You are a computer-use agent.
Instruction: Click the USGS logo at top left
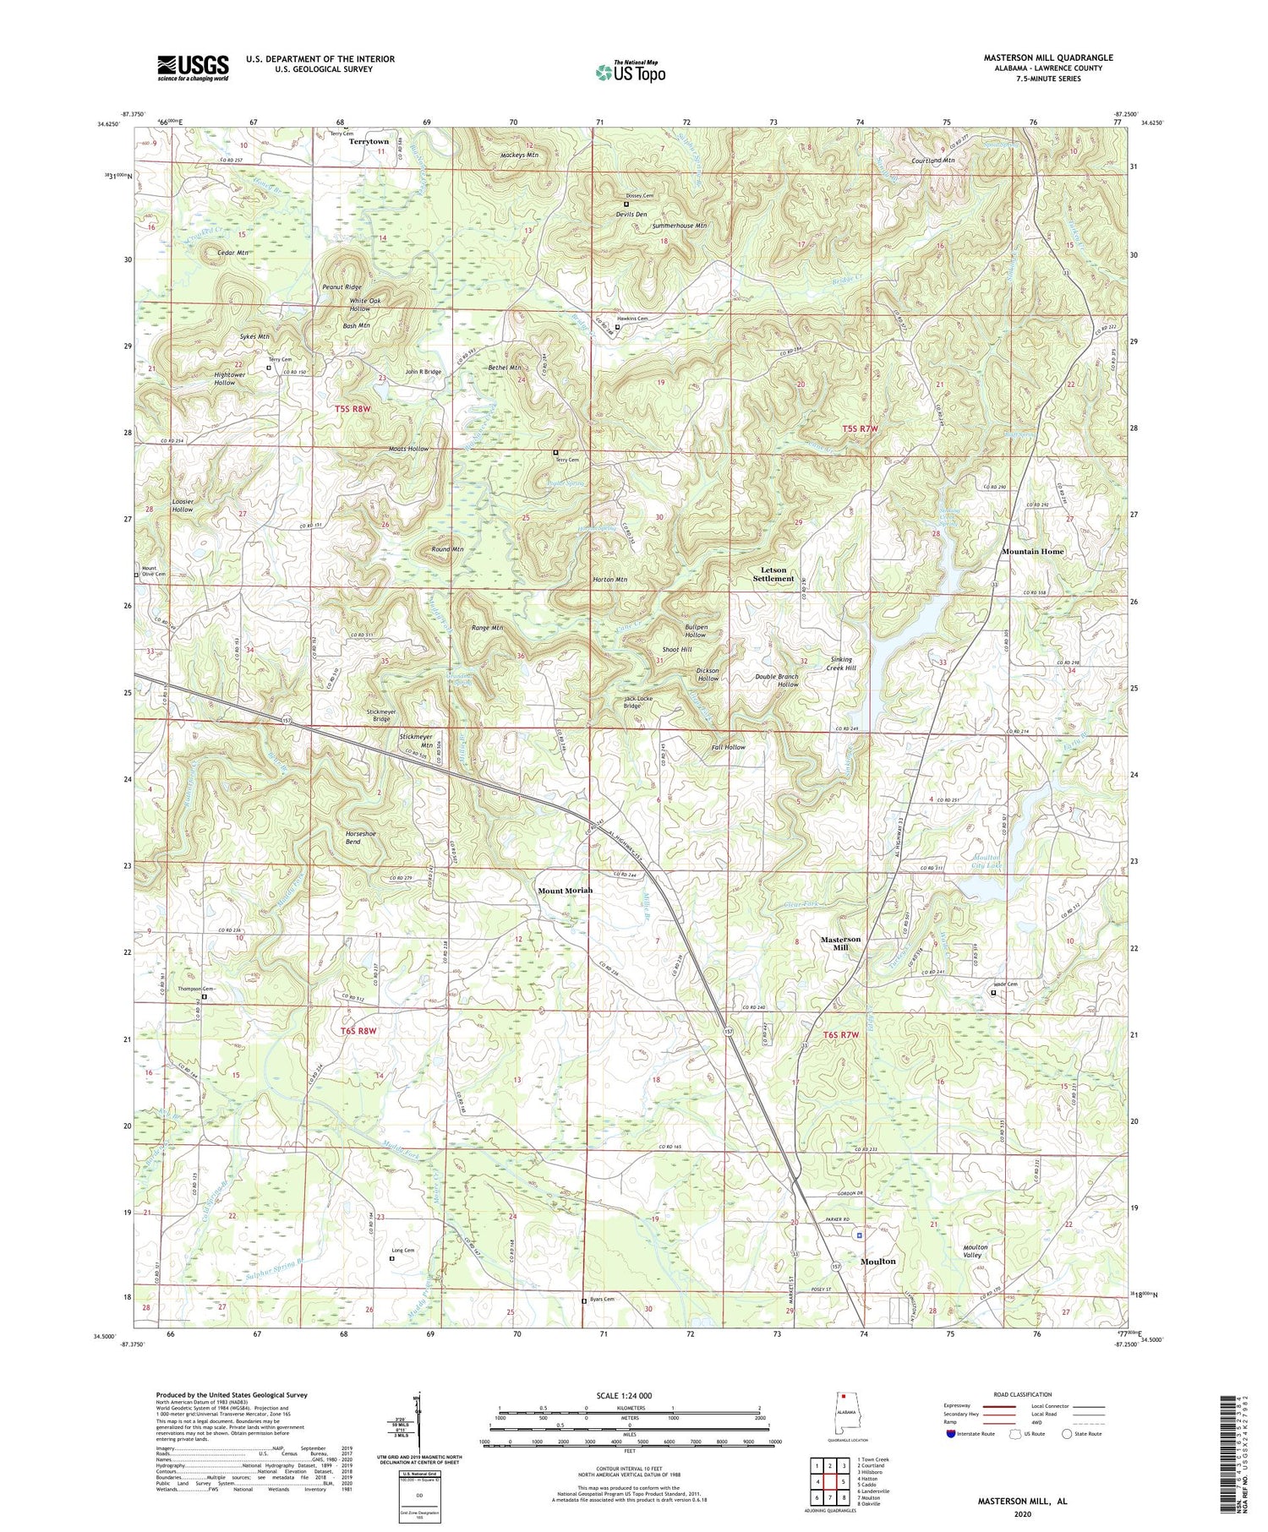tap(193, 68)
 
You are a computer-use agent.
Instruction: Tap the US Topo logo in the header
tap(630, 73)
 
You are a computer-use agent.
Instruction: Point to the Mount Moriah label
tap(566, 891)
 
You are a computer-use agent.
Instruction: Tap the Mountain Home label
tap(1033, 551)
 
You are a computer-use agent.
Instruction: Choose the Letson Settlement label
tap(773, 575)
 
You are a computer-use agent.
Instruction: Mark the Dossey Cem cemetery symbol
tap(626, 204)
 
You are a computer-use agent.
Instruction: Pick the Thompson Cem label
tap(194, 989)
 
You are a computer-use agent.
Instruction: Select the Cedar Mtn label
tap(232, 253)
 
